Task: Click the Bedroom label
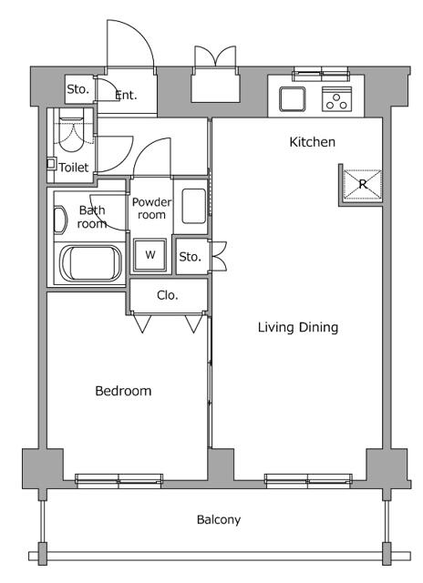click(123, 391)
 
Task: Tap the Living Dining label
click(298, 327)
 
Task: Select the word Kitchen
click(312, 142)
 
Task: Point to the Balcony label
click(219, 519)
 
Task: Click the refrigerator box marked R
click(362, 184)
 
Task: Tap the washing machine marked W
click(150, 255)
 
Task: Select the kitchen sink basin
click(293, 99)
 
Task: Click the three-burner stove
click(336, 99)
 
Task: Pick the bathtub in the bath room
click(90, 264)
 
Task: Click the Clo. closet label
click(168, 295)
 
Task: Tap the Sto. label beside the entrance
click(78, 89)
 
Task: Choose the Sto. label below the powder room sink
click(191, 257)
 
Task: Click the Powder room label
click(152, 209)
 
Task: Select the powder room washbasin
click(194, 206)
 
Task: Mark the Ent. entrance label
click(126, 95)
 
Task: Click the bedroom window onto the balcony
click(119, 480)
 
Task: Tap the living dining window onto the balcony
click(308, 480)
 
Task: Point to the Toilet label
click(74, 168)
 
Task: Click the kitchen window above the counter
click(321, 74)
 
